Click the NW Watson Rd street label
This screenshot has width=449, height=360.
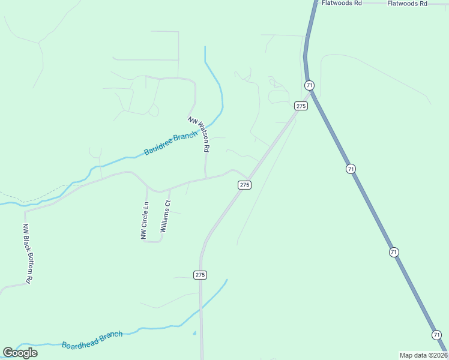(x=199, y=133)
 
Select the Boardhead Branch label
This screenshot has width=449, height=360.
(x=92, y=340)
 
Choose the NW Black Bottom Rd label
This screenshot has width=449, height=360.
(x=27, y=253)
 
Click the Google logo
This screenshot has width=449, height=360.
(x=20, y=353)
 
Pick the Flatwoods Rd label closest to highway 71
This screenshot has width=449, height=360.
(x=341, y=3)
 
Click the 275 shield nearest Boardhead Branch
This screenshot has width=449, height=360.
(x=200, y=274)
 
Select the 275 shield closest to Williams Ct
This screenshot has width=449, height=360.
(x=244, y=185)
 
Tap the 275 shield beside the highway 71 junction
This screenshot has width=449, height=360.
(x=301, y=106)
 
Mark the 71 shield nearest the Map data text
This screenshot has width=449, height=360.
(x=436, y=334)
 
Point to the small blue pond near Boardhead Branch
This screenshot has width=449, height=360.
(x=194, y=333)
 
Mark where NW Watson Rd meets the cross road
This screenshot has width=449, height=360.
(x=206, y=178)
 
